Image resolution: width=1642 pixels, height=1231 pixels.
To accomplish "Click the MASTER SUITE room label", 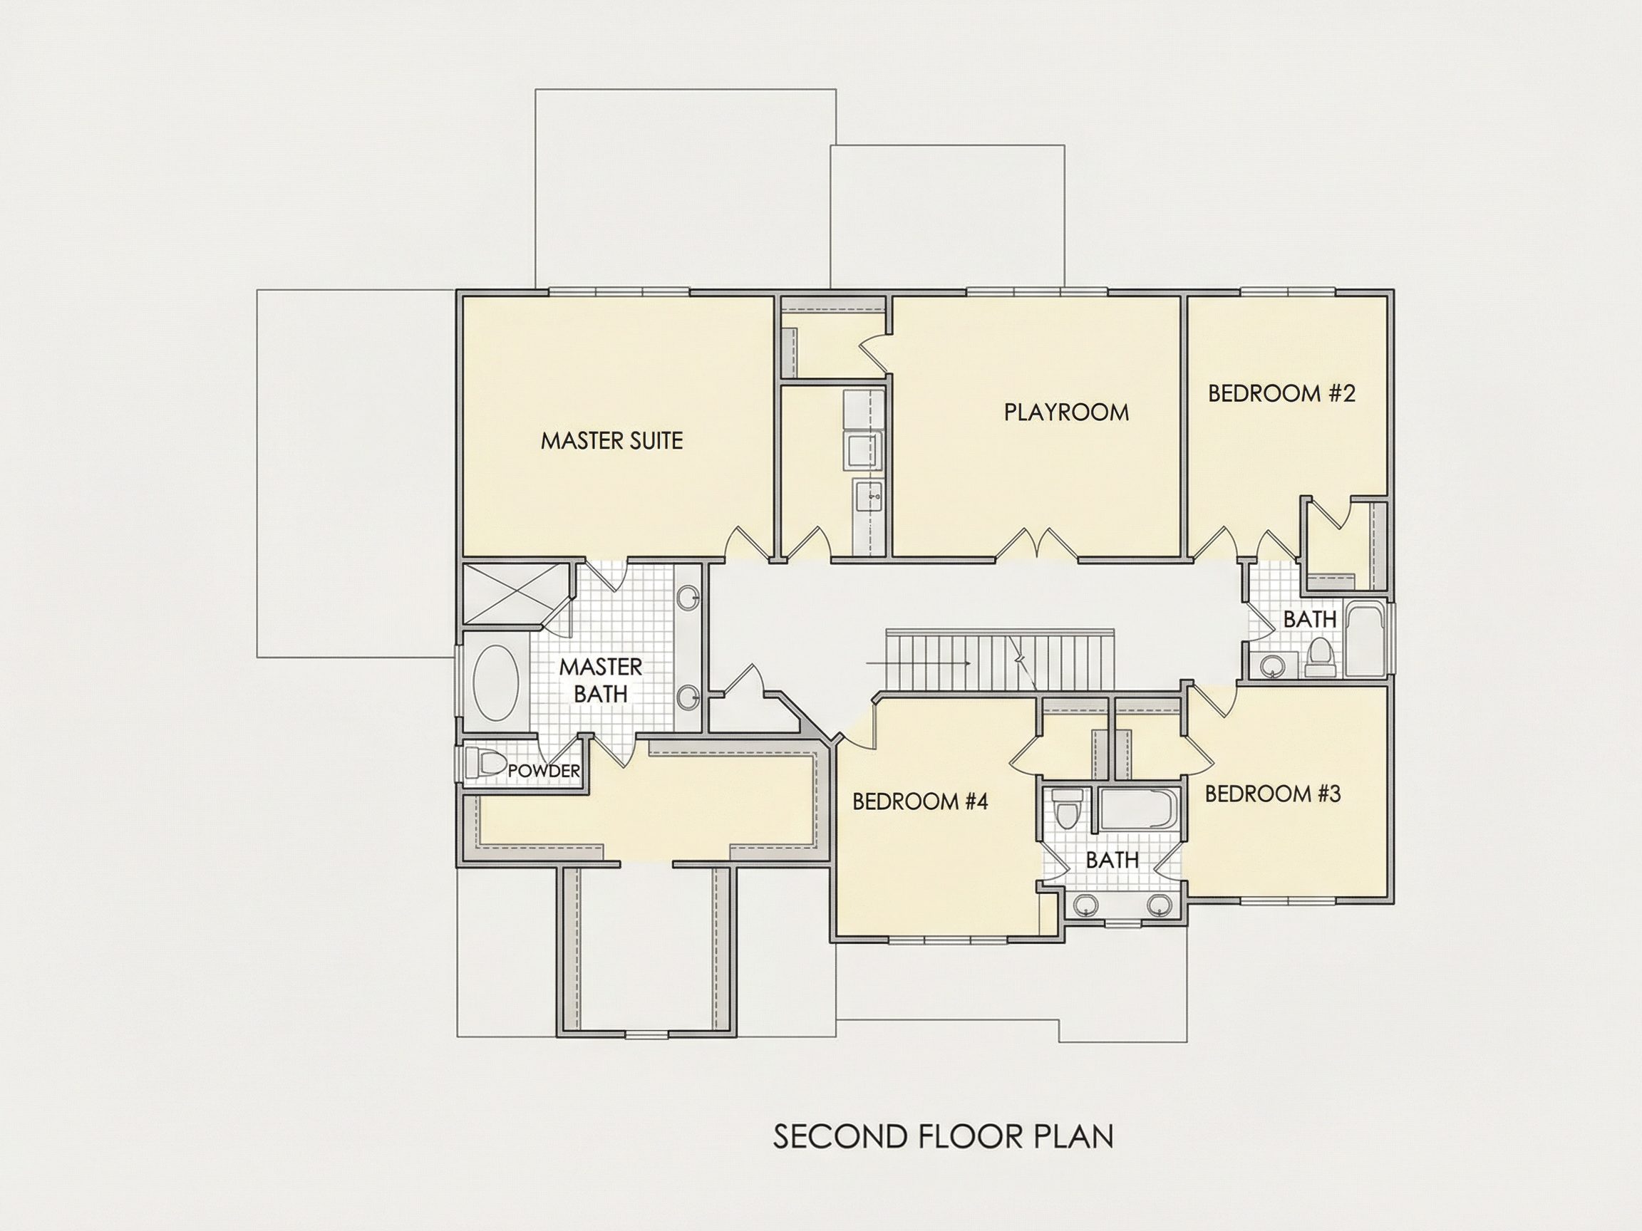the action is pyautogui.click(x=611, y=441).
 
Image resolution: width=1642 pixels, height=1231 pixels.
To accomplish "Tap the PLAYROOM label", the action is pyautogui.click(x=1066, y=412).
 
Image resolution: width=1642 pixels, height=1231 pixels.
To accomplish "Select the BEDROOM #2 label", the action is pyautogui.click(x=1282, y=393).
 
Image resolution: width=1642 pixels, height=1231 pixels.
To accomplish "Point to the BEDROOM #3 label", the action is pyautogui.click(x=1272, y=794).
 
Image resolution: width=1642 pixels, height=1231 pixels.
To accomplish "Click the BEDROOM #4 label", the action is pyautogui.click(x=920, y=801).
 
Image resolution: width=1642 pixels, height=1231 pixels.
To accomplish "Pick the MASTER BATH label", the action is pyautogui.click(x=601, y=680).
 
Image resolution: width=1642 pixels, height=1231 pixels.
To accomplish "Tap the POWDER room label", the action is pyautogui.click(x=543, y=771).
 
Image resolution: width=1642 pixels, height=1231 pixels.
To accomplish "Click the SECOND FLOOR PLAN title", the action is pyautogui.click(x=944, y=1136).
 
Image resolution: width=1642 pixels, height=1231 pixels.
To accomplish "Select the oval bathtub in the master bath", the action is pyautogui.click(x=496, y=682).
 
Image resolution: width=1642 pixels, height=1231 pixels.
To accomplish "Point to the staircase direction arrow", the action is pyautogui.click(x=917, y=662).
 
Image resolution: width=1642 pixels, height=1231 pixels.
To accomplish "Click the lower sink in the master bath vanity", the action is pyautogui.click(x=688, y=697).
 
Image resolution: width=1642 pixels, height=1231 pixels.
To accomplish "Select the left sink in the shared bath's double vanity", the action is pyautogui.click(x=1086, y=905).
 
